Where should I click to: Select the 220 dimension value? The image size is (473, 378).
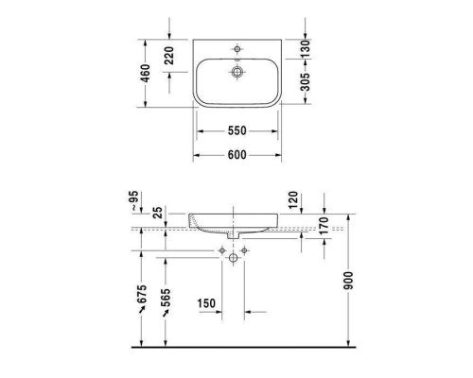171,59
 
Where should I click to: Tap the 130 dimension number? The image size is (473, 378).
305,47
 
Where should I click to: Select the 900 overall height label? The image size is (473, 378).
360,283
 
